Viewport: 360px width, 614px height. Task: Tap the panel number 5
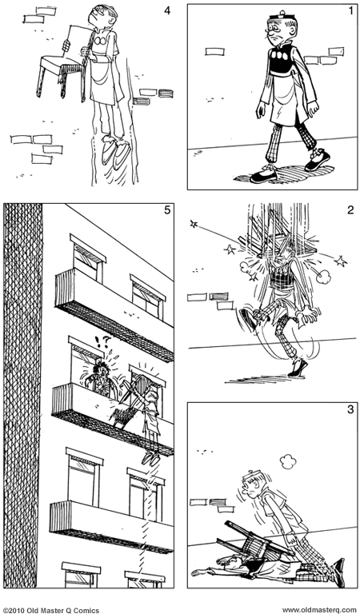tap(166, 211)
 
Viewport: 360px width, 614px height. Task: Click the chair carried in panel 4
tap(61, 66)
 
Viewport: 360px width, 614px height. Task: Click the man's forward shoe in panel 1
tap(264, 174)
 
